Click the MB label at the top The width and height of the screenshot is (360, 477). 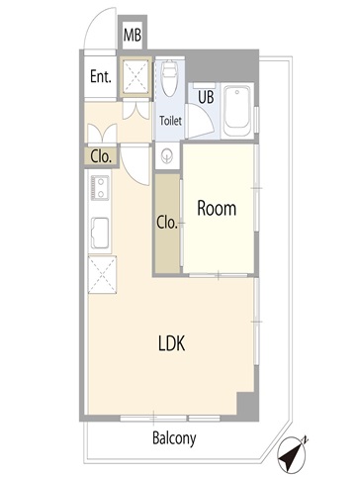coord(133,35)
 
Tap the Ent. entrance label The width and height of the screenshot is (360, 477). coord(101,77)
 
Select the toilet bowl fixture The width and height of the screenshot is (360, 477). coord(169,78)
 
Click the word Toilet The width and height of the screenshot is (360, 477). coord(170,121)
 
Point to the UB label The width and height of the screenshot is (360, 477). coord(206,97)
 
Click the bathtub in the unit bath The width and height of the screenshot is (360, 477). coord(236,111)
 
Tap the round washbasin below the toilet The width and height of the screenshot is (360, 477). coord(167,155)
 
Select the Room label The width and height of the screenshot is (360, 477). coord(217,209)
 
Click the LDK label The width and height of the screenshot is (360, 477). coord(172,343)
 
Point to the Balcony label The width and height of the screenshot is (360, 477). coord(174,438)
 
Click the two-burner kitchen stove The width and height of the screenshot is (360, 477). coord(100,187)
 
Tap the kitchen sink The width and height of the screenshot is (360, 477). coord(100,234)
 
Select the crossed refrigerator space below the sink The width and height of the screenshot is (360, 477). coord(102,274)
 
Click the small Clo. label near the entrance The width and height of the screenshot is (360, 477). coord(101,157)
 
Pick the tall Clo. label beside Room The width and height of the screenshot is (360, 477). coord(167,223)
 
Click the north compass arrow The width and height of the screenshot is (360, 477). coord(292,454)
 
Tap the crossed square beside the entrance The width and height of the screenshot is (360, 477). coord(135,77)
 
